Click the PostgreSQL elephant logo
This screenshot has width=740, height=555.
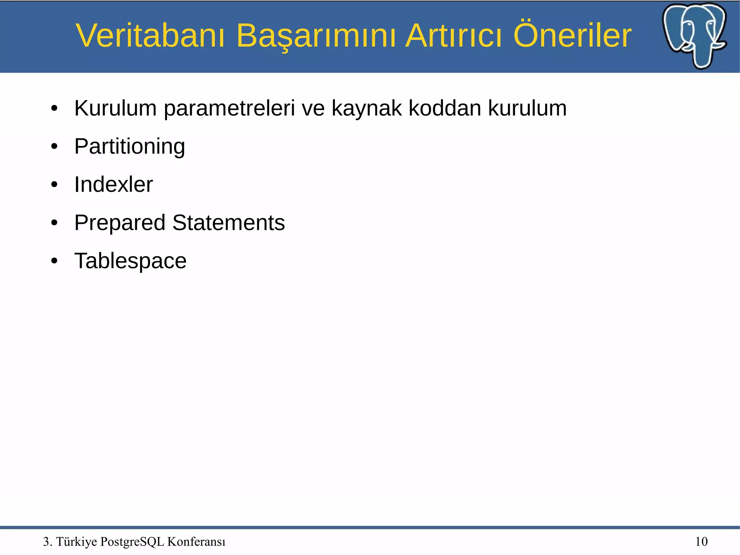(694, 35)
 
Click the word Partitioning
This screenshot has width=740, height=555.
(130, 147)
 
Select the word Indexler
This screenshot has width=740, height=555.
(113, 185)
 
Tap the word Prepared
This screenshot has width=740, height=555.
(120, 223)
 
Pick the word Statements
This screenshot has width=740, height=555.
(228, 223)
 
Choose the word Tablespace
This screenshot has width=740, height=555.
(130, 261)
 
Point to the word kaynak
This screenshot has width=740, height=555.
(366, 108)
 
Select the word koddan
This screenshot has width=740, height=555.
(445, 108)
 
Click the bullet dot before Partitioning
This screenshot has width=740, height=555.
(54, 147)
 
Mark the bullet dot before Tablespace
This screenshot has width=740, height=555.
(54, 261)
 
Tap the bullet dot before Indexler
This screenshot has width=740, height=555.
(54, 185)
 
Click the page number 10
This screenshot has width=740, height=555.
(701, 542)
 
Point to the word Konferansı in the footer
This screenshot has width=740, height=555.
(196, 542)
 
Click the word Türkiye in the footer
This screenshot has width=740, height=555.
(77, 542)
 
